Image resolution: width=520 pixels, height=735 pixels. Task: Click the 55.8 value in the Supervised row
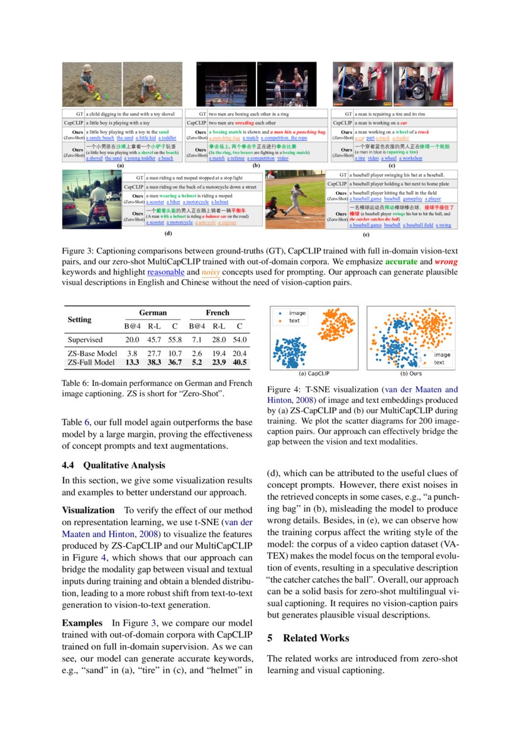click(174, 340)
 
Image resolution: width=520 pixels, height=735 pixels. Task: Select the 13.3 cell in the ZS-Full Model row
click(132, 362)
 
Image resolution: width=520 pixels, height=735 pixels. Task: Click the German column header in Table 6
click(153, 312)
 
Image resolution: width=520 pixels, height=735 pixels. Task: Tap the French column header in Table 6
click(218, 312)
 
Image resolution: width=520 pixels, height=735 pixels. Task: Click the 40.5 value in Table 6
click(239, 362)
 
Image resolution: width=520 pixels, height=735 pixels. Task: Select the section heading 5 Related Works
click(308, 638)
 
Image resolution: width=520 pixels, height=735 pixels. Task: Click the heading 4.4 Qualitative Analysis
click(113, 465)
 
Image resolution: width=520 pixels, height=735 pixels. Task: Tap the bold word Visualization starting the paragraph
click(88, 510)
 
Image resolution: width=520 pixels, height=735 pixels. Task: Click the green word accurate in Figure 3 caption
click(405, 261)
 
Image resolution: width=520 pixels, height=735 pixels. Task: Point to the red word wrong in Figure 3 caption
click(446, 261)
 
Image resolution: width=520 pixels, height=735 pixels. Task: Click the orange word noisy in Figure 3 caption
click(211, 272)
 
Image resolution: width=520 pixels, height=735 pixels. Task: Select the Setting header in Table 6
click(80, 319)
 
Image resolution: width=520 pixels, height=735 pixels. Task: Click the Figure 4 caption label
click(283, 390)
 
